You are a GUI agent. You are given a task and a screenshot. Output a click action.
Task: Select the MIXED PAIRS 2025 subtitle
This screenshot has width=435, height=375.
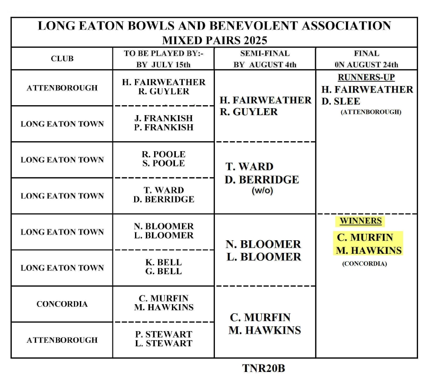[x=214, y=40]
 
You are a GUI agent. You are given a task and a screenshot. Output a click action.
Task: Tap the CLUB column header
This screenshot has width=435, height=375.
[x=62, y=59]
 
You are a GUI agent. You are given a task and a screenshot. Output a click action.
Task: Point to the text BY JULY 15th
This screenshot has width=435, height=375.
[x=163, y=65]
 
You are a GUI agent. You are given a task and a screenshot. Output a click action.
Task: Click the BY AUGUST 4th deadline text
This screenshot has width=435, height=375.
[x=265, y=65]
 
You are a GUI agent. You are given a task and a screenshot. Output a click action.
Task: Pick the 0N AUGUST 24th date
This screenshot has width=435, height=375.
[x=366, y=65]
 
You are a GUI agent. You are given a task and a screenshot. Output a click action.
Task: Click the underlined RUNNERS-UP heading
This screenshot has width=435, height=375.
[x=366, y=77]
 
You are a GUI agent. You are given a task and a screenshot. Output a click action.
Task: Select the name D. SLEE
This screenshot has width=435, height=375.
[x=341, y=101]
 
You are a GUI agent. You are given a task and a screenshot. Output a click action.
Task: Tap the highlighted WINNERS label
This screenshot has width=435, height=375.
[x=360, y=221]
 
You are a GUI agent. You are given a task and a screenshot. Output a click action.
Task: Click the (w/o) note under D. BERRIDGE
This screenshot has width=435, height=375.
[x=262, y=191]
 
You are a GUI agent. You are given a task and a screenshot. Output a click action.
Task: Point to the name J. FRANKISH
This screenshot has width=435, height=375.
[x=163, y=118]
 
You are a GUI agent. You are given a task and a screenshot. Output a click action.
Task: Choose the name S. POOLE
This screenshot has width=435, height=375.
[x=163, y=163]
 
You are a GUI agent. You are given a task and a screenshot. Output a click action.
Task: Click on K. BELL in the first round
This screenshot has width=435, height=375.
[x=163, y=262]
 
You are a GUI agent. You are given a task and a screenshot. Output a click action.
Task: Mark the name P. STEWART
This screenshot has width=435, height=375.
[x=163, y=335]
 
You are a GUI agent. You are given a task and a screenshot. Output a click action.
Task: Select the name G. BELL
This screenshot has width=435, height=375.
[x=163, y=272]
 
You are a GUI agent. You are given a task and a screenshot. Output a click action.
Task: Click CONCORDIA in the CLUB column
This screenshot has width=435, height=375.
[x=62, y=304]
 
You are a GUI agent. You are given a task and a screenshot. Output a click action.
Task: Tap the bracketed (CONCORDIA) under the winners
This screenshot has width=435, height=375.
[x=364, y=264]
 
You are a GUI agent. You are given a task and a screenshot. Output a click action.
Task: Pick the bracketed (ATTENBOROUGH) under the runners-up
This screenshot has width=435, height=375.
[x=371, y=112]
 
